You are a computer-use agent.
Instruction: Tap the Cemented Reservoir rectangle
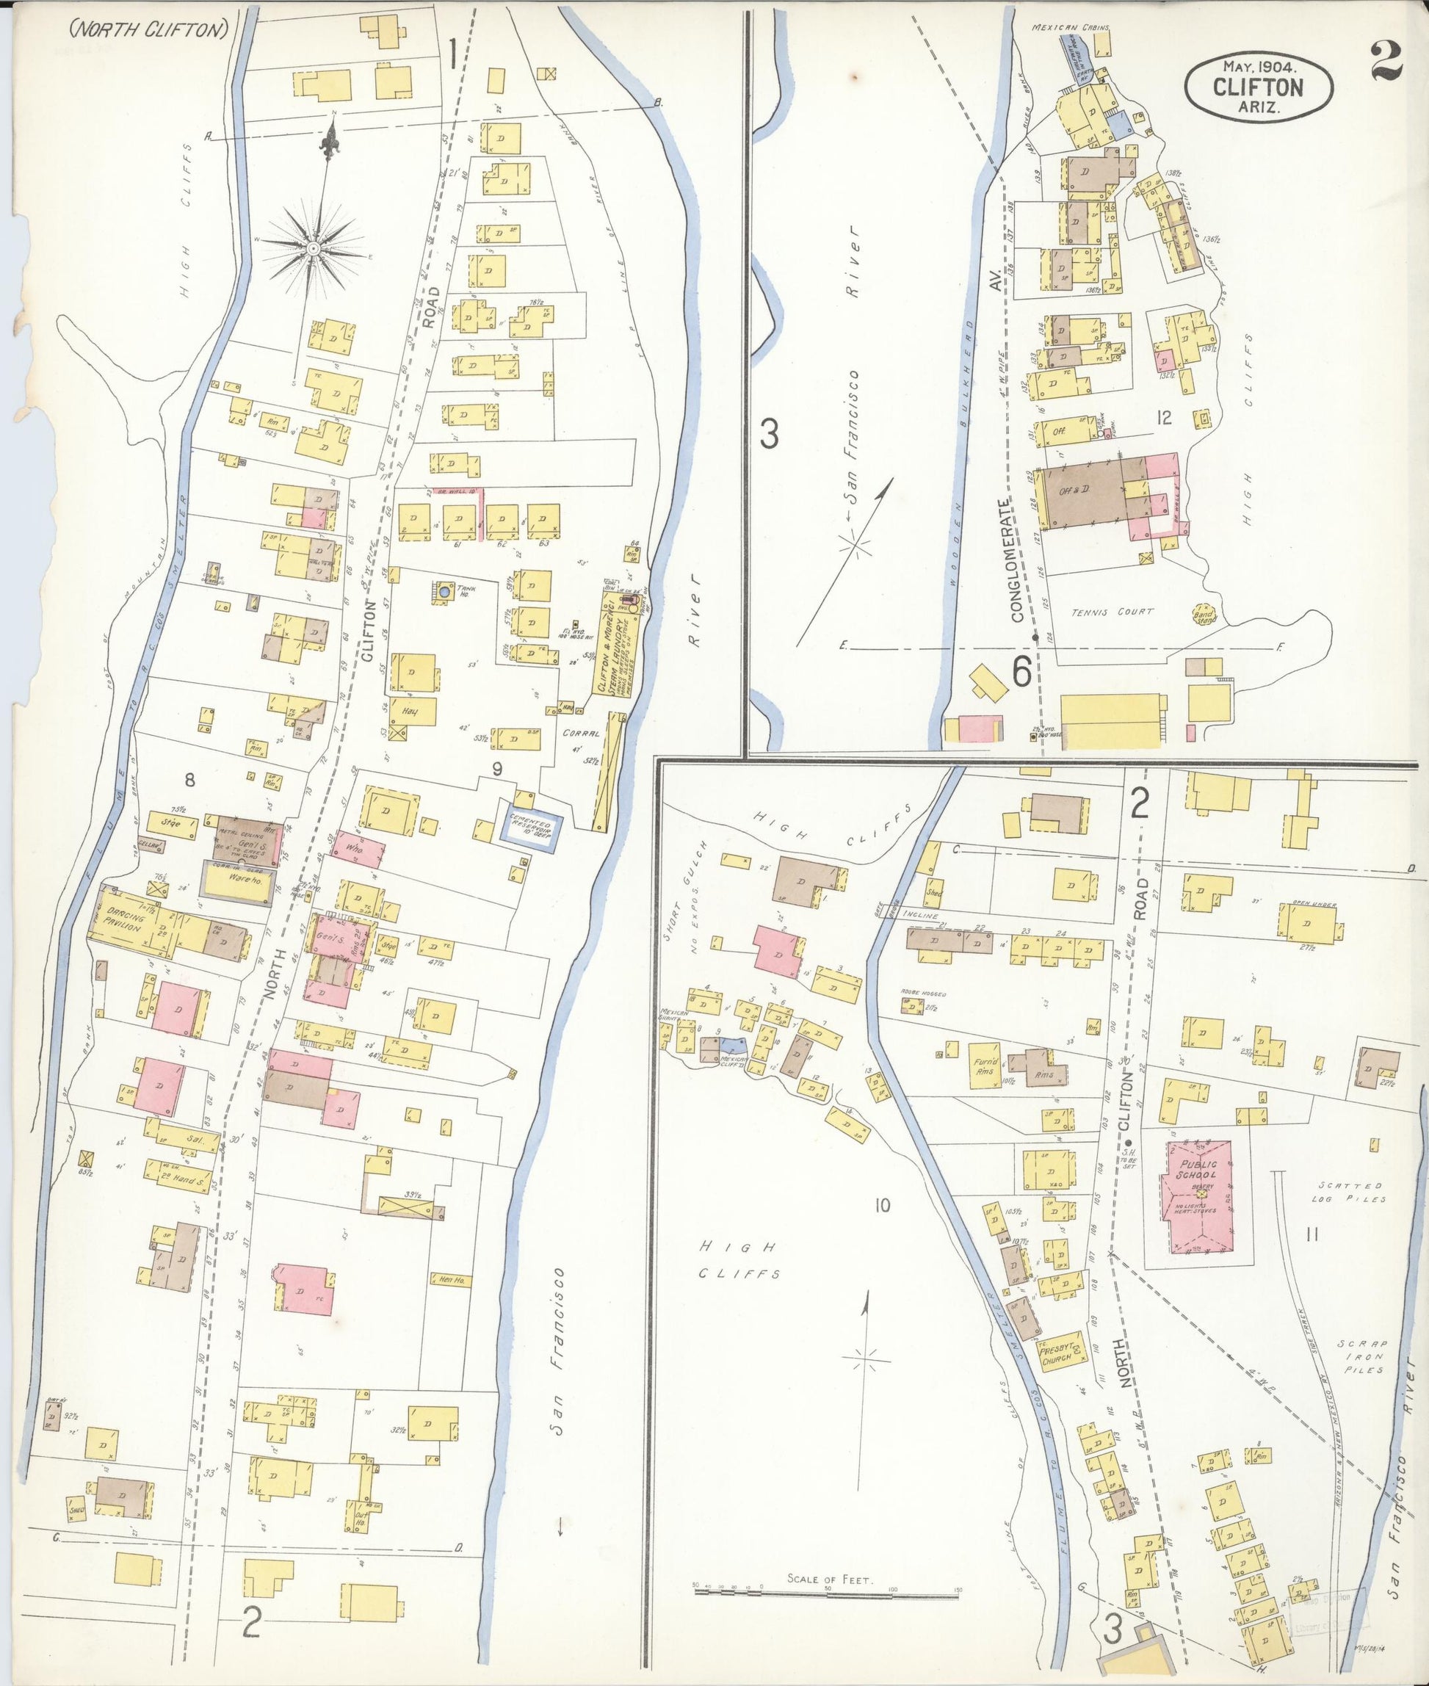pos(531,826)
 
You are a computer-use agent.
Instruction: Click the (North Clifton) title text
pos(148,29)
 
